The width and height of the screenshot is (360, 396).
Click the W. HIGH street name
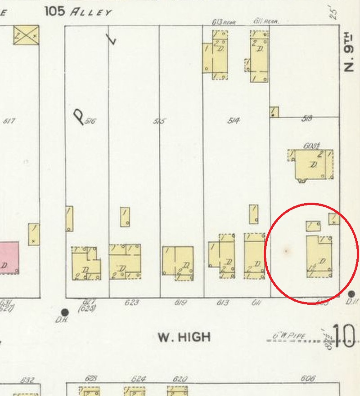tap(184, 337)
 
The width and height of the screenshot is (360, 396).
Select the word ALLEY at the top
tap(90, 12)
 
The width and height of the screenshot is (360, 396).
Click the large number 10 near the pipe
tap(344, 335)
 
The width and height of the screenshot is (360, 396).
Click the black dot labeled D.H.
tap(65, 312)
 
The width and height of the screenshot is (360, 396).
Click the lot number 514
tap(233, 120)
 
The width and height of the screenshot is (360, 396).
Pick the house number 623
tap(131, 303)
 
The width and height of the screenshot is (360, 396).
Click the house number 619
tap(180, 303)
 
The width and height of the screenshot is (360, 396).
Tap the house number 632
tap(28, 380)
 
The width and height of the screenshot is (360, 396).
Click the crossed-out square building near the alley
tap(26, 35)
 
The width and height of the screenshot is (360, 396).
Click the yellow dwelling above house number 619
tap(178, 263)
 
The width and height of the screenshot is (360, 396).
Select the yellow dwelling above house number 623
tap(125, 261)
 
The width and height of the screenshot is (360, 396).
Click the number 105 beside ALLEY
tap(55, 11)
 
